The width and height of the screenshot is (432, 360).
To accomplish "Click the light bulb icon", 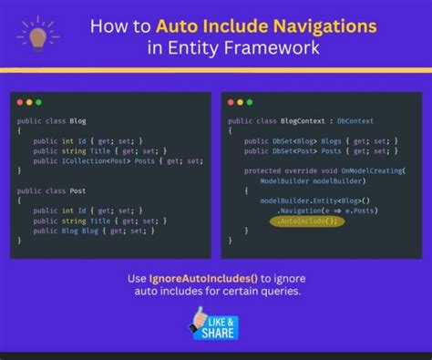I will (36, 35).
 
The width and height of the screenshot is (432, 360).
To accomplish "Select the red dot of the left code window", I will (20, 102).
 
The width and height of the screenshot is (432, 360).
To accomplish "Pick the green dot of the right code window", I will (252, 102).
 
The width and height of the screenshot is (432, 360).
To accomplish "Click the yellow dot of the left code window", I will (29, 102).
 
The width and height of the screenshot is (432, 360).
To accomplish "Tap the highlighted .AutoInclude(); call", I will (305, 221).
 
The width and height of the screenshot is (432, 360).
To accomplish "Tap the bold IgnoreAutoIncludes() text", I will (186, 279).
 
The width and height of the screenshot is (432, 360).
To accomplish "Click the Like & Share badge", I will (216, 324).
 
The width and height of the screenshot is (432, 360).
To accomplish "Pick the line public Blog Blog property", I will (96, 230).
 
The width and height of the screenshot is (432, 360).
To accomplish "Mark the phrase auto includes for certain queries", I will (216, 293).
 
